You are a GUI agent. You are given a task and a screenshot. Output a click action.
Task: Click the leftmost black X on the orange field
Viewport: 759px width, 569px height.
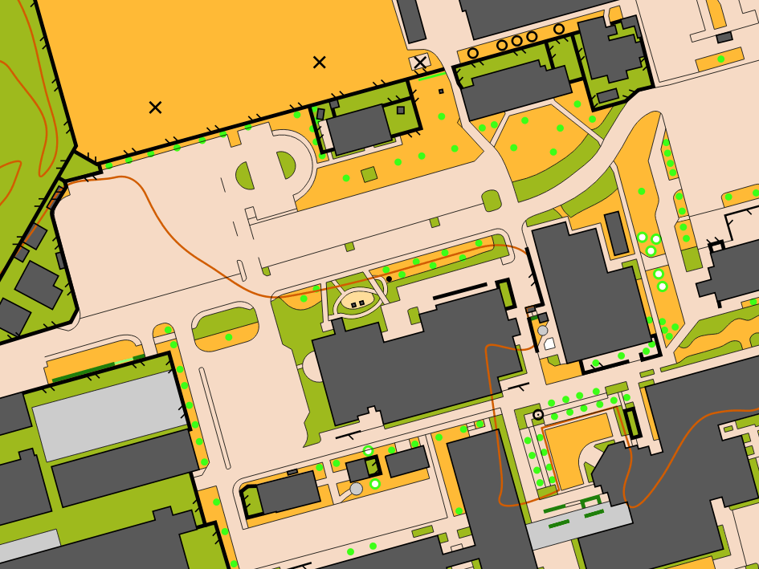pyautogui.click(x=155, y=108)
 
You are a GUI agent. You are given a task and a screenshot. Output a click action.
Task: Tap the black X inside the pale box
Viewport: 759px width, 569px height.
pyautogui.click(x=420, y=63)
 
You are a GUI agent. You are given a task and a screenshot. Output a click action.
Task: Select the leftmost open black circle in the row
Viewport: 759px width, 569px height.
pyautogui.click(x=473, y=53)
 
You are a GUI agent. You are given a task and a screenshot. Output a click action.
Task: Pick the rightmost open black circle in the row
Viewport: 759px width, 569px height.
pyautogui.click(x=559, y=29)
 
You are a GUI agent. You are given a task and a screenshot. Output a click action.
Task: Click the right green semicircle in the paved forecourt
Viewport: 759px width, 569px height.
pyautogui.click(x=287, y=165)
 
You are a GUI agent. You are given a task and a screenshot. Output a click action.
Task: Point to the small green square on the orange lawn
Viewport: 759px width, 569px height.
pyautogui.click(x=369, y=174)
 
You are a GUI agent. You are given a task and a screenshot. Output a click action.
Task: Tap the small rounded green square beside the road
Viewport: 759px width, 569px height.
pyautogui.click(x=491, y=200)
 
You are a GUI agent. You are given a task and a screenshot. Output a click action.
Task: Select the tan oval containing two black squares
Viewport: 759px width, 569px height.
pyautogui.click(x=358, y=302)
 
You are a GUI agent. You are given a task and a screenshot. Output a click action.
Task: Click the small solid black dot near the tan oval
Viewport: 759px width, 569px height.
pyautogui.click(x=389, y=279)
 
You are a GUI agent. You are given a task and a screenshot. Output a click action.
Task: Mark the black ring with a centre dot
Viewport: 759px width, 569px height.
pyautogui.click(x=538, y=414)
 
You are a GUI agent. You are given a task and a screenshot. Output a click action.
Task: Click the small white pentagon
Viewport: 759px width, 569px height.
pyautogui.click(x=549, y=343)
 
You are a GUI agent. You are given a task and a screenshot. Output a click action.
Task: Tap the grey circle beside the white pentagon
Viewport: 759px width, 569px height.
pyautogui.click(x=543, y=331)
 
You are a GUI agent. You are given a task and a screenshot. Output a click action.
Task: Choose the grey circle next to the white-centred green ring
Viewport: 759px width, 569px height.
pyautogui.click(x=357, y=489)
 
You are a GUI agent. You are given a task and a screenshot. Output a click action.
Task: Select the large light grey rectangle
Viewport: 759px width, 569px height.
pyautogui.click(x=110, y=416)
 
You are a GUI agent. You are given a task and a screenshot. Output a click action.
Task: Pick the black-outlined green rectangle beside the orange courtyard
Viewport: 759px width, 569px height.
pyautogui.click(x=632, y=423)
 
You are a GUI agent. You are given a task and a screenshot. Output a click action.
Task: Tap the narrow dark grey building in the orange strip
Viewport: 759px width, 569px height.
pyautogui.click(x=616, y=234)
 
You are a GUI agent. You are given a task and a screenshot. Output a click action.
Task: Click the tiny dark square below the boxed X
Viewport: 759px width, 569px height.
pyautogui.click(x=441, y=91)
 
